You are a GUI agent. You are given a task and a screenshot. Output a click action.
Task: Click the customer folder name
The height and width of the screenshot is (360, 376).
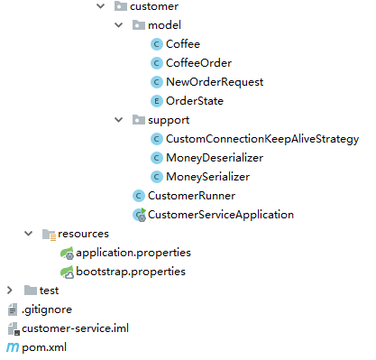click(x=154, y=6)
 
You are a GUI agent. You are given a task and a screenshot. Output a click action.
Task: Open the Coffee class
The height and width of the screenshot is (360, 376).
click(x=183, y=44)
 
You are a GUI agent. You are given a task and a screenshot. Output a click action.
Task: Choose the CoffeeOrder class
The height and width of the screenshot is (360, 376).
click(x=198, y=63)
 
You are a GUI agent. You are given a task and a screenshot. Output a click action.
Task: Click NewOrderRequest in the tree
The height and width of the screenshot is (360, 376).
click(x=215, y=82)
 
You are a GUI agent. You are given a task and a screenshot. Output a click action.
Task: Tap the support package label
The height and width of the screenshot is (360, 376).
click(x=169, y=120)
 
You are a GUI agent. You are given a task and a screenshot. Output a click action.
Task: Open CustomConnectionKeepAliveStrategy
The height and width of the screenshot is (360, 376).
click(x=262, y=139)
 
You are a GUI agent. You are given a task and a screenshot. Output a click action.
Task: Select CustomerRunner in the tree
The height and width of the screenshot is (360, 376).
click(x=191, y=196)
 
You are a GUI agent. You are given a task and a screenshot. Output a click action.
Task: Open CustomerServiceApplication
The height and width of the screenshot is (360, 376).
click(x=221, y=215)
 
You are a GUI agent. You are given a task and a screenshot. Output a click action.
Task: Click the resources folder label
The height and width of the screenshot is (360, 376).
click(x=84, y=234)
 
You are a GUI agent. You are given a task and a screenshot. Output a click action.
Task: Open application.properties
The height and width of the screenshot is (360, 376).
click(x=133, y=253)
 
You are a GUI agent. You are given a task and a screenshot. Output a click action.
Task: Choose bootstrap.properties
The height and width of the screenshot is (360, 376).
click(x=131, y=272)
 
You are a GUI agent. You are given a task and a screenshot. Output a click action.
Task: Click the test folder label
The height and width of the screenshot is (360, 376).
click(x=50, y=291)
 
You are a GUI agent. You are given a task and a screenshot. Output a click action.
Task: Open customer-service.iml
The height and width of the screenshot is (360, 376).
click(x=76, y=328)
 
